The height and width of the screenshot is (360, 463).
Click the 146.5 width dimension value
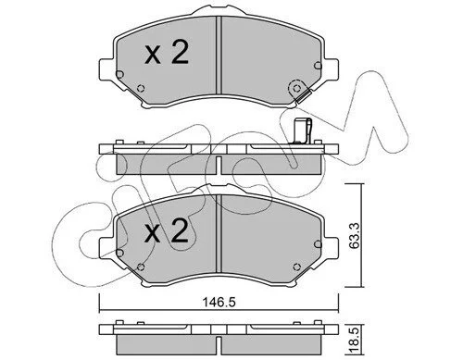219,303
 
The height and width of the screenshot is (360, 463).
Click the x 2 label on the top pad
167,53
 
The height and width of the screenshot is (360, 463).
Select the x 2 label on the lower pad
167,231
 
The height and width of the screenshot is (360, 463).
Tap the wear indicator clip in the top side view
302,131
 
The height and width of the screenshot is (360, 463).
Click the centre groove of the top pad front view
219,55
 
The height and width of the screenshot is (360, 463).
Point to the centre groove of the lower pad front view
219,233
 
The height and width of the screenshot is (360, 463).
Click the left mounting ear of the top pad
106,69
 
